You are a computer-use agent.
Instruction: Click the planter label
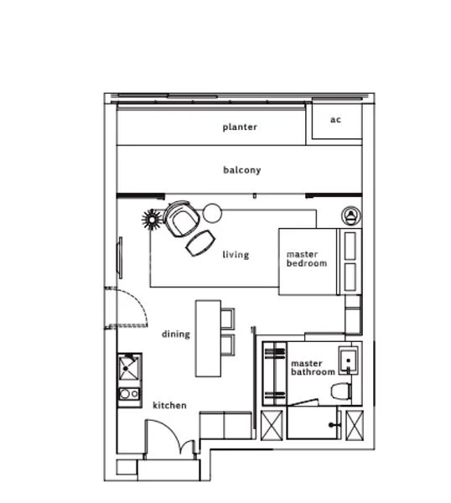point(240,127)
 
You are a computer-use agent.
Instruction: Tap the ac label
point(335,120)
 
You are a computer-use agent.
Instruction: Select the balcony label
point(241,170)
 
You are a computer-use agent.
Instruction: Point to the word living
point(236,255)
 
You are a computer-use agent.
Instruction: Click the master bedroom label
point(306,259)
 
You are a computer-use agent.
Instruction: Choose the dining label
point(176,334)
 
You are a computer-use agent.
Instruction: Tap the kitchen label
point(169,406)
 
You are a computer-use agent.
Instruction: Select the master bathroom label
point(313,368)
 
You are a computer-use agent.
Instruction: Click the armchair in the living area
point(181,220)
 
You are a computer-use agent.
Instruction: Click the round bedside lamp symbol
point(352,215)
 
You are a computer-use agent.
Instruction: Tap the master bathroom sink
point(349,360)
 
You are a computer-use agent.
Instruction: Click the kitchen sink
point(129,366)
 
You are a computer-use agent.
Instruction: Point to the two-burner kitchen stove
point(129,395)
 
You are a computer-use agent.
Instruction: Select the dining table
point(206,337)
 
